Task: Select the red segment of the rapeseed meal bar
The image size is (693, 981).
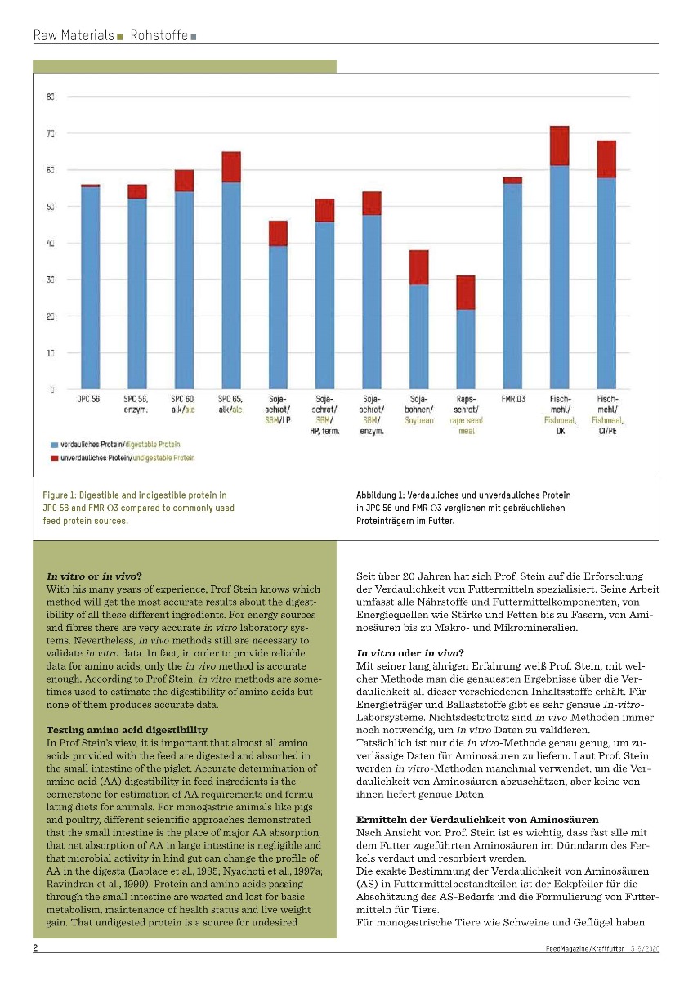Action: click(x=466, y=293)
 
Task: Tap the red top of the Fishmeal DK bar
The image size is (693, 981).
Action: click(x=560, y=146)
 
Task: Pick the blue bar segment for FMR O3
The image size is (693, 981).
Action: click(x=512, y=286)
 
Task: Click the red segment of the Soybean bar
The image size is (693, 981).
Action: click(x=418, y=267)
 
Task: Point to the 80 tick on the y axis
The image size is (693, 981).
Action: click(x=50, y=97)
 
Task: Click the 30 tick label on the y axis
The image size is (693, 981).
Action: click(x=50, y=280)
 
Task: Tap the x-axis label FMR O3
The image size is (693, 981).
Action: click(x=513, y=398)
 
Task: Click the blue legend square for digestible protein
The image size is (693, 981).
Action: click(x=55, y=444)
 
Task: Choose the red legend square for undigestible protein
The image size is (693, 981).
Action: click(x=55, y=459)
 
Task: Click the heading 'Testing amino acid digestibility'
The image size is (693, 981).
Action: click(x=127, y=729)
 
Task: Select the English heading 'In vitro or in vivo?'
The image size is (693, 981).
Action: click(x=95, y=576)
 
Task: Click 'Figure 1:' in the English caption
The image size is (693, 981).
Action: click(x=60, y=495)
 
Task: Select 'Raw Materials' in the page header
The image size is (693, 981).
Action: click(x=74, y=36)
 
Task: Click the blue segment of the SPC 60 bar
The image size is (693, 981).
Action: click(x=184, y=290)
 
